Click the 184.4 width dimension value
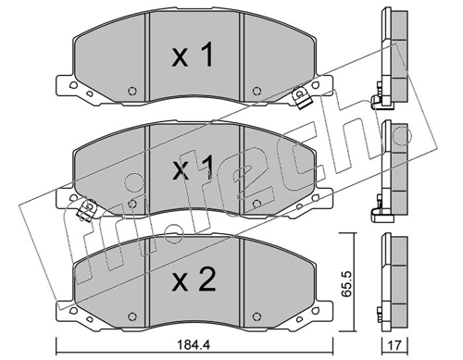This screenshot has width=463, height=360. point(194,344)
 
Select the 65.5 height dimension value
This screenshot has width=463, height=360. point(347,284)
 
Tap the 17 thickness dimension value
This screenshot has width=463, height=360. point(394,344)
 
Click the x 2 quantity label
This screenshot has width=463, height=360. point(194,279)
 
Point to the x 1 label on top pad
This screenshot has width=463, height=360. point(193,55)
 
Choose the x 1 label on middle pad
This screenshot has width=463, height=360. point(193,168)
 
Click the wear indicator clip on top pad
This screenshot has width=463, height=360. point(301,97)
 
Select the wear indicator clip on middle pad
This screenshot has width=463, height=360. point(87,210)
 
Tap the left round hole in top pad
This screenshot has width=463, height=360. point(132,91)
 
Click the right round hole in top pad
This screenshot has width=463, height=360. point(257,91)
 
